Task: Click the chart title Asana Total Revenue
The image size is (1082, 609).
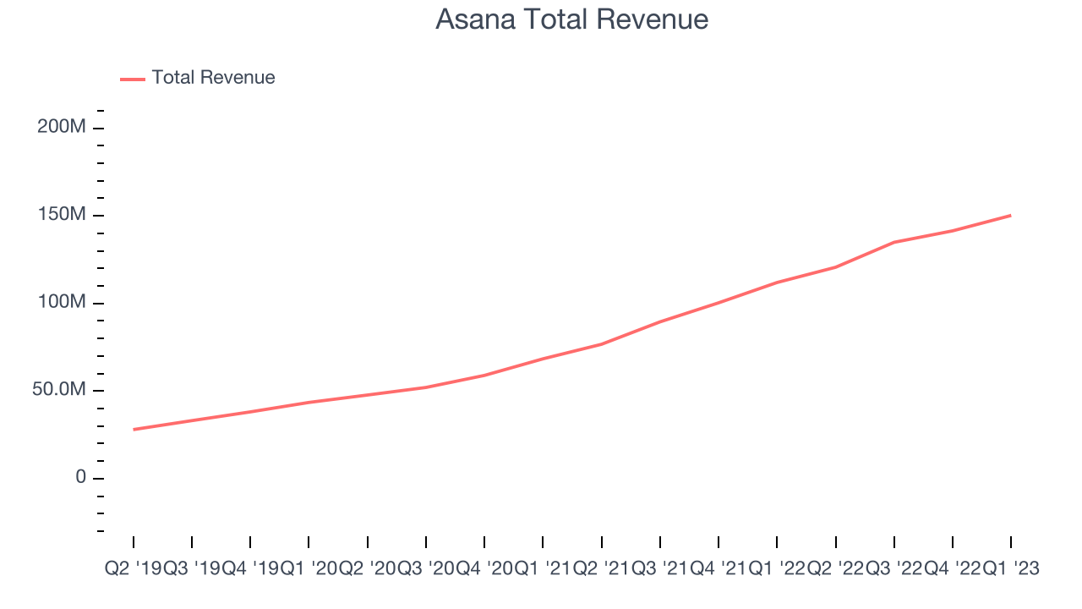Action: click(x=571, y=19)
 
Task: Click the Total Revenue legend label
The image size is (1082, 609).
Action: click(x=213, y=78)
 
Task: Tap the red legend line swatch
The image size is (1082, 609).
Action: click(x=133, y=79)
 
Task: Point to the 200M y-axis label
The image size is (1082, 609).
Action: click(x=62, y=127)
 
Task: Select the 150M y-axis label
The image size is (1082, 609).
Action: click(x=62, y=215)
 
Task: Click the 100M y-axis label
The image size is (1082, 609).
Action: click(x=62, y=302)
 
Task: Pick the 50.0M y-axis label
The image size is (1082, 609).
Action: click(x=58, y=390)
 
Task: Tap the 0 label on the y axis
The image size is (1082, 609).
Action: click(x=80, y=477)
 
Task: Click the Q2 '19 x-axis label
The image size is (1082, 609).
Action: click(x=133, y=570)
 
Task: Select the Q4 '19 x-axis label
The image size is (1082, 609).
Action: click(x=250, y=570)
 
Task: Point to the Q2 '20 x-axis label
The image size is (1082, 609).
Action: click(x=367, y=570)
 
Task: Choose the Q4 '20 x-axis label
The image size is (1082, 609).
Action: click(x=484, y=570)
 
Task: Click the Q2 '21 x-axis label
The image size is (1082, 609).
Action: click(x=601, y=570)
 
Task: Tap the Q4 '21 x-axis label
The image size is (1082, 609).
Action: click(x=718, y=570)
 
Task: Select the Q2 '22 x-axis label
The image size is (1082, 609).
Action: click(x=835, y=570)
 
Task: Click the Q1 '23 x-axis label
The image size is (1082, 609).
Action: click(x=1011, y=570)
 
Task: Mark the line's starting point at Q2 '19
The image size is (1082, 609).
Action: click(x=134, y=430)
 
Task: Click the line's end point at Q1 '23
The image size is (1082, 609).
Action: click(x=1011, y=216)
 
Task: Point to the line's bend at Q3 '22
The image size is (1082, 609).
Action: click(x=894, y=242)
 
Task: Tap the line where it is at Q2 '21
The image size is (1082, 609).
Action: click(x=601, y=344)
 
